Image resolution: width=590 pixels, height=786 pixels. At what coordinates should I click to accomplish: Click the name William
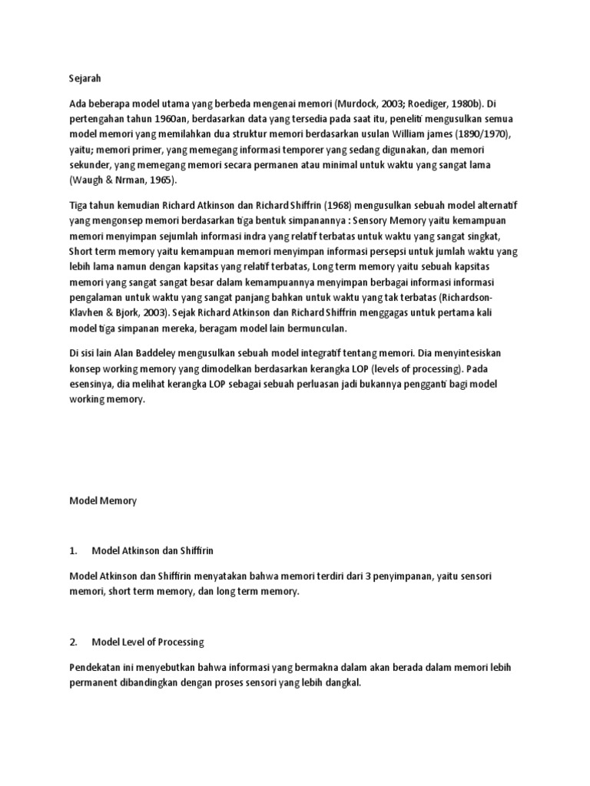[x=418, y=134]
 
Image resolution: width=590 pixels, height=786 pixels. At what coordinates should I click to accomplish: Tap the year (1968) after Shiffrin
[x=325, y=206]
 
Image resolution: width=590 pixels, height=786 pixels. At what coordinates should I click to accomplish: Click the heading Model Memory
[x=102, y=501]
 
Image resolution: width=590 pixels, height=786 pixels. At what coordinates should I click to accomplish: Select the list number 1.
[x=73, y=550]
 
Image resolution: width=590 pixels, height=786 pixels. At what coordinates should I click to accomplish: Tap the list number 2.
[x=73, y=642]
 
